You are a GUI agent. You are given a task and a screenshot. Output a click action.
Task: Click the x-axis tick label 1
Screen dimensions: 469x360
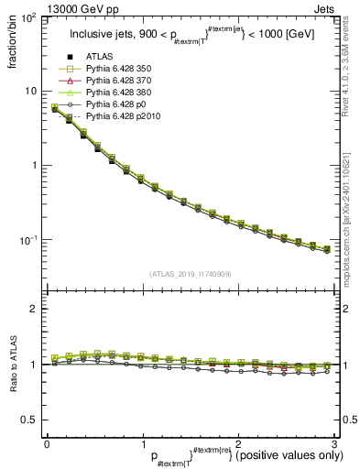coord(142,444)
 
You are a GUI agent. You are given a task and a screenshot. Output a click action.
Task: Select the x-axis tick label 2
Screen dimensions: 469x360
coord(237,444)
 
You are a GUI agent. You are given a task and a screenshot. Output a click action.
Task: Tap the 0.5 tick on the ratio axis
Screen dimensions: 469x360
coord(32,420)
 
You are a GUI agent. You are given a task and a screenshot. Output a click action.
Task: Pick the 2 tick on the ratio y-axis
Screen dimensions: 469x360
coord(36,309)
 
